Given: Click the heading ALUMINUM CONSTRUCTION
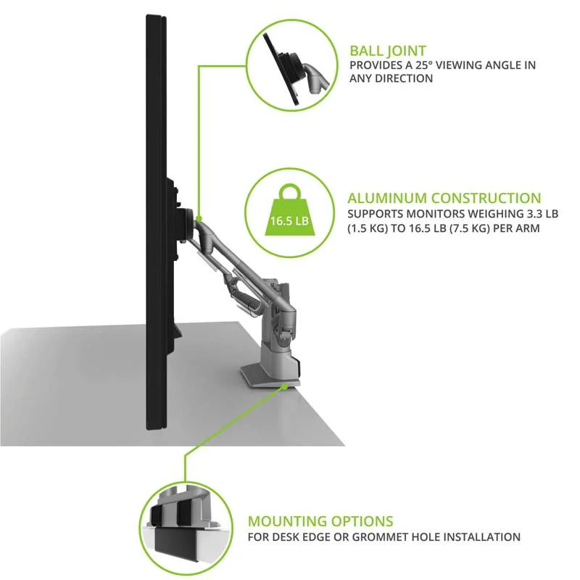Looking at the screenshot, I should (x=444, y=198).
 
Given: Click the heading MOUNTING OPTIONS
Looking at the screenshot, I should (x=320, y=521).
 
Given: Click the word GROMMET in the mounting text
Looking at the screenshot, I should (x=385, y=537).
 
